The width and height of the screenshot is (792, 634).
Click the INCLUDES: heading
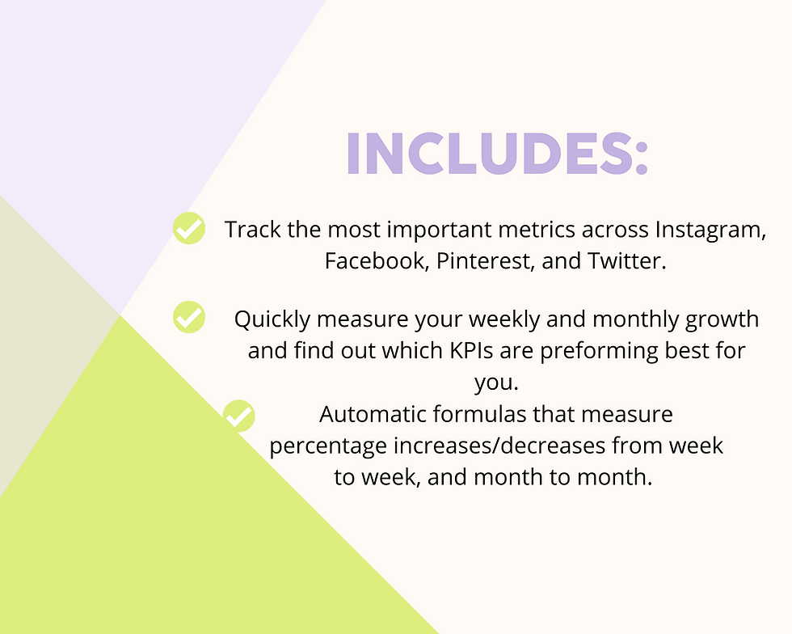pos(497,152)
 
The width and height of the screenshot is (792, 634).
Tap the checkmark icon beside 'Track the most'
pos(189,229)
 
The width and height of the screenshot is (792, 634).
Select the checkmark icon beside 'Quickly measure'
pos(189,317)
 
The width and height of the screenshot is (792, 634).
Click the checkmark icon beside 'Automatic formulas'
pos(239,416)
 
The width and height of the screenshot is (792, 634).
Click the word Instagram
pos(710,230)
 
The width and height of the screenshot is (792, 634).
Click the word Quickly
pos(272,319)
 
